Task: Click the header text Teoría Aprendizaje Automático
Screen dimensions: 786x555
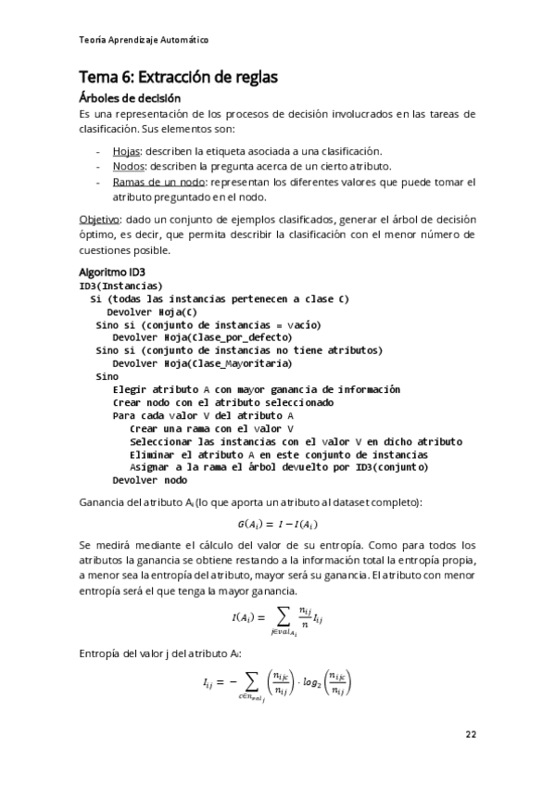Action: [x=144, y=40]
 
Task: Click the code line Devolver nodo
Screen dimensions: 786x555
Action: [x=149, y=480]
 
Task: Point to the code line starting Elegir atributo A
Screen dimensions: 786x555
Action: [x=256, y=389]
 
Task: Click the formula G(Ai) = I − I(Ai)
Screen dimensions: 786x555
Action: [x=278, y=525]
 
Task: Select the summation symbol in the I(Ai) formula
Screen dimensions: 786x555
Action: [x=277, y=615]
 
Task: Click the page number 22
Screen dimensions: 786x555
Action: [x=471, y=734]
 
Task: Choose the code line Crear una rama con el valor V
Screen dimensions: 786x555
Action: [x=211, y=428]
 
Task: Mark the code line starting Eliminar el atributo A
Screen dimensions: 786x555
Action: [x=279, y=454]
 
